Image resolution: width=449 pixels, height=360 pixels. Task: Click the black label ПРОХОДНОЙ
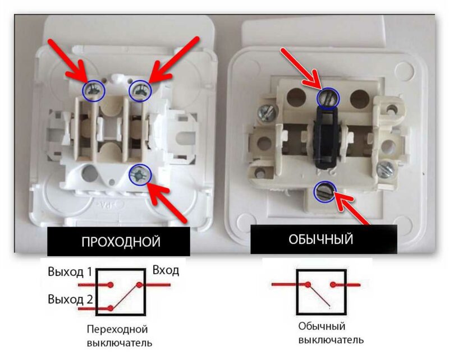pos(121,241)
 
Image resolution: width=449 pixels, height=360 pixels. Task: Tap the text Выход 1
pos(70,273)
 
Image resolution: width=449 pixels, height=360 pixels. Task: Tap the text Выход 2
pos(70,298)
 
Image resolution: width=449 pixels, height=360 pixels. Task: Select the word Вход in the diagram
pos(166,271)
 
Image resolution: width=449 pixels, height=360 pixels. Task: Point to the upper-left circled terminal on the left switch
pos(95,91)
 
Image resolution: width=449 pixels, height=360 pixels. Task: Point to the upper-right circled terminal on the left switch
pos(140,90)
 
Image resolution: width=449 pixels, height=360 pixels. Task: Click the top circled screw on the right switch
pos(327,98)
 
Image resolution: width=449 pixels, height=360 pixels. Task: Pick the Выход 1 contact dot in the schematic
pos(112,284)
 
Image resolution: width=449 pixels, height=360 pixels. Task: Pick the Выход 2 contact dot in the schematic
pos(112,307)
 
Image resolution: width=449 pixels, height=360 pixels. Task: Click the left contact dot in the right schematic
pos(308,285)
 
